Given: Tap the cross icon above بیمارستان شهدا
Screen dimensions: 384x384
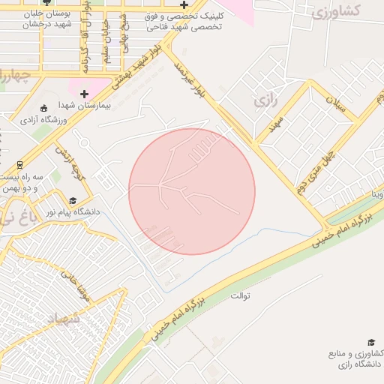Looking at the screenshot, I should pos(84,94).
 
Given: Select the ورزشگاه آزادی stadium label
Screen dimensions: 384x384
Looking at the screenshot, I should pos(43,119).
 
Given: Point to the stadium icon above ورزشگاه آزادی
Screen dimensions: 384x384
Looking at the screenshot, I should pos(43,107).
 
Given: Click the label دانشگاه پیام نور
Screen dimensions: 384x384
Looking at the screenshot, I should pos(72,212).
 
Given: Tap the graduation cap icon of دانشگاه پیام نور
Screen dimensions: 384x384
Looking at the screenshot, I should pos(73,200).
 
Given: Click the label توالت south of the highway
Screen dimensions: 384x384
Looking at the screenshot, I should pos(240,295).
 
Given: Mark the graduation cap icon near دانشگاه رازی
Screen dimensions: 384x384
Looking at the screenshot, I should pos(371,342).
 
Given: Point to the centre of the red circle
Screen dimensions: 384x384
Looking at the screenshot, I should pos(192,191).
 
